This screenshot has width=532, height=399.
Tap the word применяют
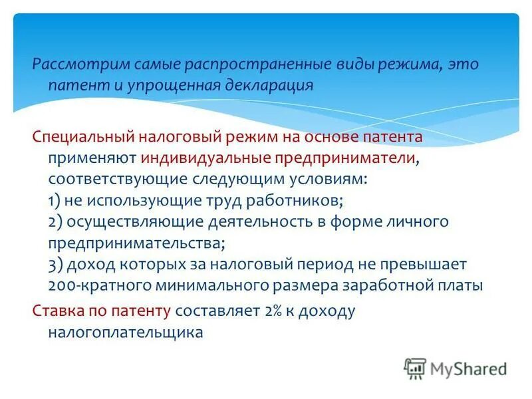92,158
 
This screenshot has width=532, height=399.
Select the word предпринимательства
135,243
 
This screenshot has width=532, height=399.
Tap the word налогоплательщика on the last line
124,332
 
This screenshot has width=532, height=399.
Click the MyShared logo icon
415,368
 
